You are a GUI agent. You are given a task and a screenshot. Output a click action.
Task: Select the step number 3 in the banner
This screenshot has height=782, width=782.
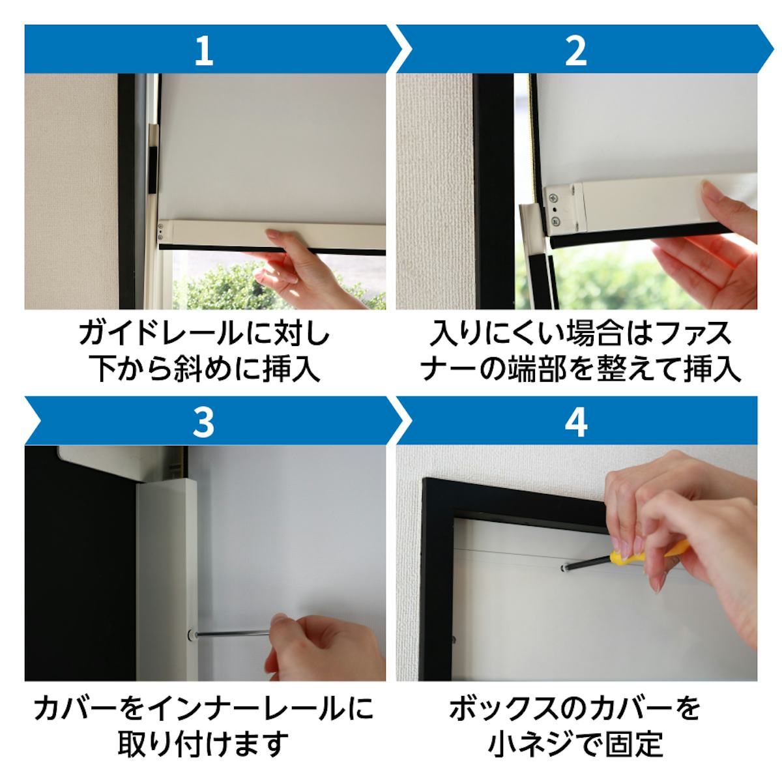[x=204, y=422]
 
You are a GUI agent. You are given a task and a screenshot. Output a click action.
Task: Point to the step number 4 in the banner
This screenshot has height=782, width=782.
[x=576, y=422]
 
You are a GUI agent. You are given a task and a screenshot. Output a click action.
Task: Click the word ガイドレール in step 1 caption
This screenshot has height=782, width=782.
[x=160, y=333]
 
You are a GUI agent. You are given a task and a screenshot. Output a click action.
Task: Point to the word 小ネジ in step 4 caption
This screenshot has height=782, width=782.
[x=531, y=744]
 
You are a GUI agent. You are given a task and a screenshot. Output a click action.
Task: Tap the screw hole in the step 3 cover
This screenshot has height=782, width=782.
[x=191, y=634]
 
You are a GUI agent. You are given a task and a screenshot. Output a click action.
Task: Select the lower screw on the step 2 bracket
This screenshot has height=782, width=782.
[x=556, y=222]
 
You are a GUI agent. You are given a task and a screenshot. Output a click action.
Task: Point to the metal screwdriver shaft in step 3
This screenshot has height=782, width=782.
[x=233, y=633]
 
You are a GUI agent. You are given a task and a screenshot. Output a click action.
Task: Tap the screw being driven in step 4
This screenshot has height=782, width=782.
[x=563, y=568]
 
